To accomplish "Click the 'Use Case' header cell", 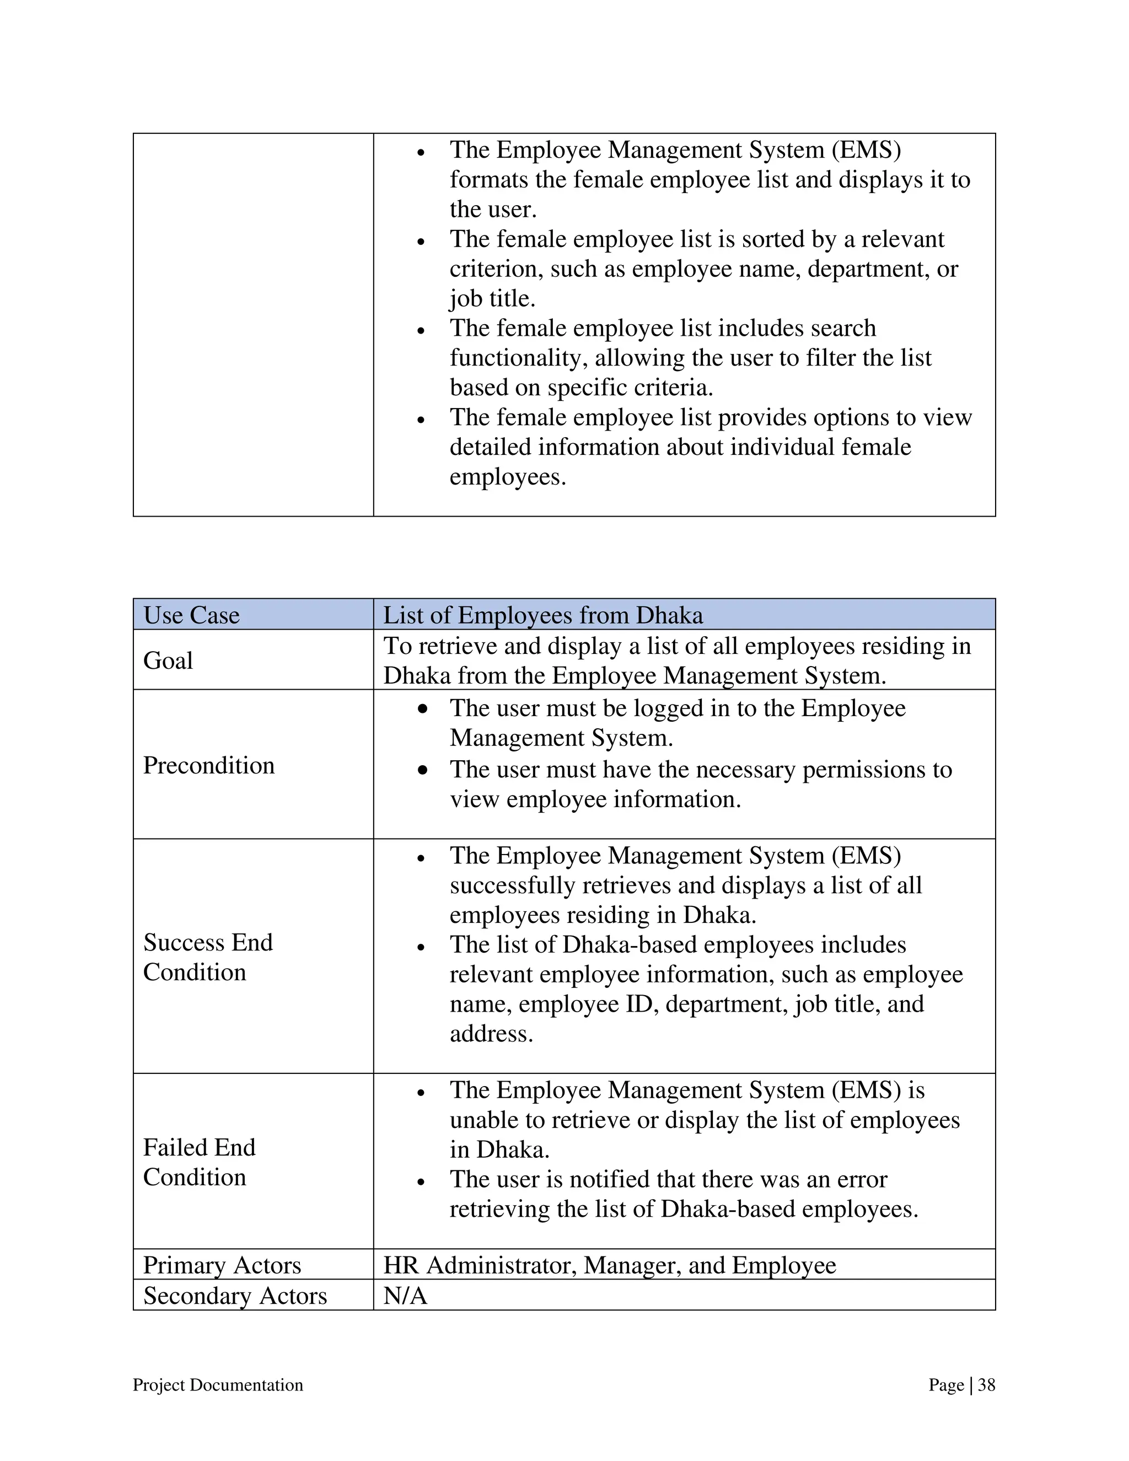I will (191, 615).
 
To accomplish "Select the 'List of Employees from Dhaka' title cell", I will (542, 615).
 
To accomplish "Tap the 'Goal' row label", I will (168, 660).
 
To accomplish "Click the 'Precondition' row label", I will (209, 765).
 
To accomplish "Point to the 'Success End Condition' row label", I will (208, 957).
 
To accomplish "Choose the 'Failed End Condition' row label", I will (200, 1162).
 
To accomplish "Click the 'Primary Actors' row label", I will (222, 1265).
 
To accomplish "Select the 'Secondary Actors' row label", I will (235, 1296).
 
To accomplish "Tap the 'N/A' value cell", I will (405, 1296).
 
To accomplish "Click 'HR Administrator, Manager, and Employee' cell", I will (609, 1265).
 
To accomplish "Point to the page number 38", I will (987, 1385).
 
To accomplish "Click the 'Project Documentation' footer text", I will (218, 1385).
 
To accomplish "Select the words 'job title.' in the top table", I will (492, 298).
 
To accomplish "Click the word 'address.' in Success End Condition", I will (492, 1034).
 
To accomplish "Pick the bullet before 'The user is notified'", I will (421, 1182).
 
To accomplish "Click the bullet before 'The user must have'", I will (422, 771).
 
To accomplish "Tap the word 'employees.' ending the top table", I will (508, 477).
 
